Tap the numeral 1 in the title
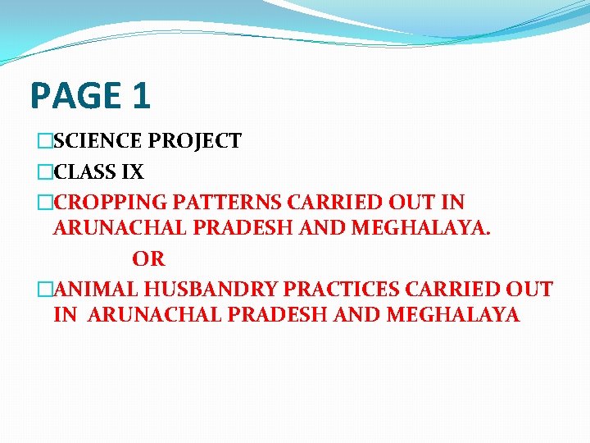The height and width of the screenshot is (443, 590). pyautogui.click(x=140, y=95)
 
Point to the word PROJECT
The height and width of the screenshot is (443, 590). pyautogui.click(x=195, y=141)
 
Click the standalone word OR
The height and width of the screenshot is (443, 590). pyautogui.click(x=148, y=260)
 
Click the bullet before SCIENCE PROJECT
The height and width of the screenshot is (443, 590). pyautogui.click(x=44, y=142)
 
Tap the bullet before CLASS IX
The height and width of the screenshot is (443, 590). pyautogui.click(x=44, y=173)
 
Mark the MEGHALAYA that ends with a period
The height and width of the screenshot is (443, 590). pyautogui.click(x=421, y=229)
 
